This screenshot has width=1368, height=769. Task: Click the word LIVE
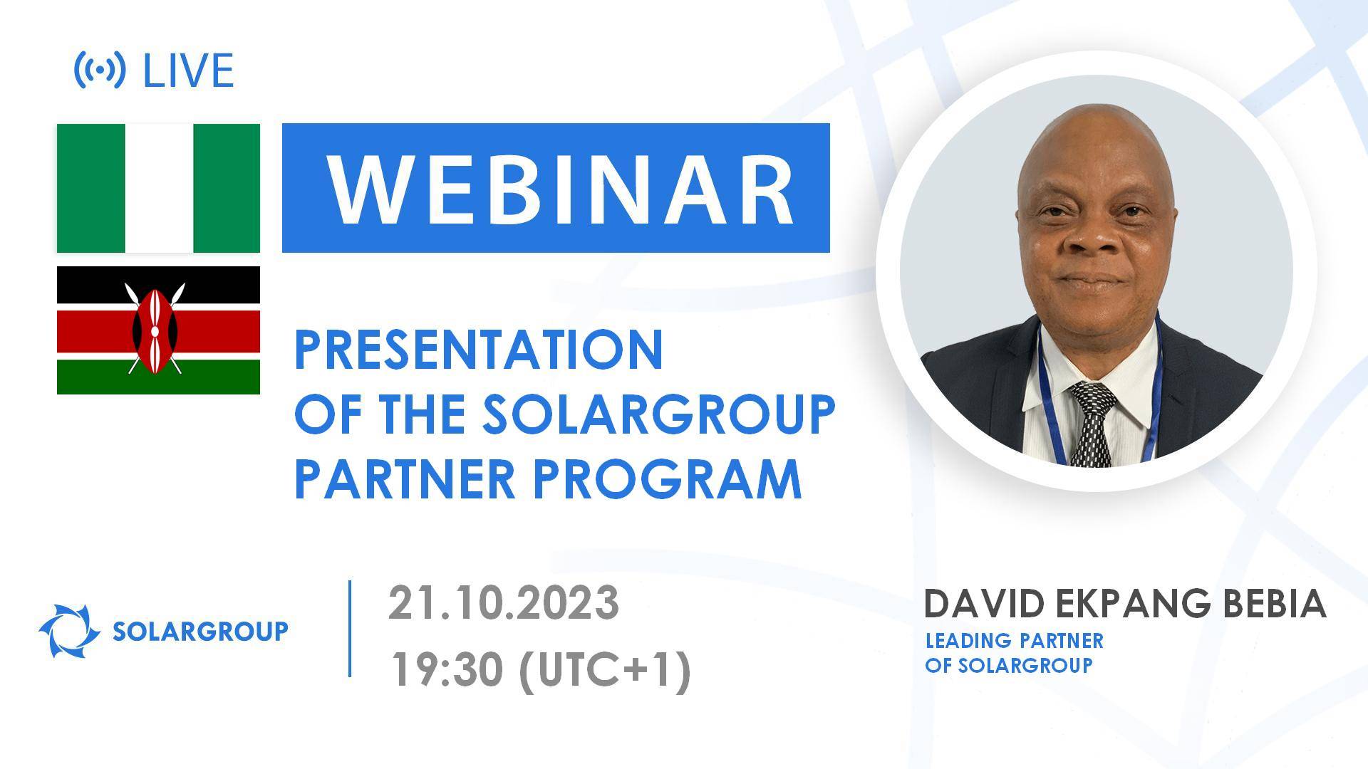pyautogui.click(x=189, y=70)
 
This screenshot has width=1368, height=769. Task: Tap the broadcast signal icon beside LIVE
pyautogui.click(x=100, y=70)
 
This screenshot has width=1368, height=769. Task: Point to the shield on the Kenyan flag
pyautogui.click(x=155, y=330)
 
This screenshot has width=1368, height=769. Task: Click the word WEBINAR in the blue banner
pyautogui.click(x=560, y=188)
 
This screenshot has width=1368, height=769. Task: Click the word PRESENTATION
pyautogui.click(x=478, y=350)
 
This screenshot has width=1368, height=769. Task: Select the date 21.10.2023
pyautogui.click(x=503, y=603)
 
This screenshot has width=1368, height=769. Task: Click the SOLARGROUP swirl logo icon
pyautogui.click(x=69, y=631)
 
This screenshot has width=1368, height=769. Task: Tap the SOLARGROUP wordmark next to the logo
pyautogui.click(x=201, y=631)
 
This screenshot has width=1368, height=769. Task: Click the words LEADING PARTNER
pyautogui.click(x=1014, y=641)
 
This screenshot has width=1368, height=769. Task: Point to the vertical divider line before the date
pyautogui.click(x=350, y=628)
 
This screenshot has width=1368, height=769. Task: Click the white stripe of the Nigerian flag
pyautogui.click(x=159, y=188)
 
